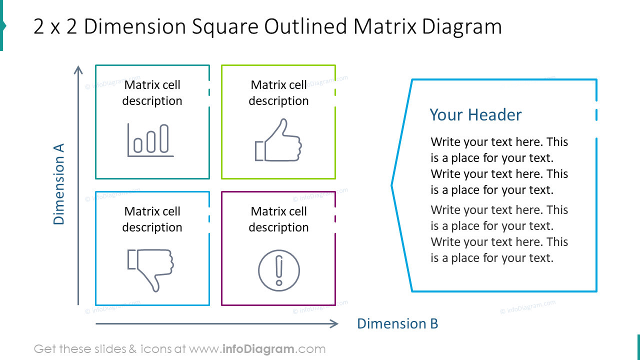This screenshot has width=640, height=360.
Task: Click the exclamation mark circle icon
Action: point(278,270)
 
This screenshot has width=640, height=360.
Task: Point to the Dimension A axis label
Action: point(59,184)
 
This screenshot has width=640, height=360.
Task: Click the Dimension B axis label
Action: point(397,323)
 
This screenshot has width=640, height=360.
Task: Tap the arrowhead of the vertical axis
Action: point(78,69)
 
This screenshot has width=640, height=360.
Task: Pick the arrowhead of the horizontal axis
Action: point(334,324)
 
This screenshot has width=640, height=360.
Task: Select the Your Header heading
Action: point(475,115)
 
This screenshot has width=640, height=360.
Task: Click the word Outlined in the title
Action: point(305,26)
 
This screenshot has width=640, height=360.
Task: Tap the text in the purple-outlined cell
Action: point(278,219)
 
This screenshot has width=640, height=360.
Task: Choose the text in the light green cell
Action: point(278,93)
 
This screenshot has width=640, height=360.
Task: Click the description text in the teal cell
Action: point(152,93)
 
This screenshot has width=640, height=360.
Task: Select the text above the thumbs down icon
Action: point(152,219)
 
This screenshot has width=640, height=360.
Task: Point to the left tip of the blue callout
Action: point(392,185)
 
